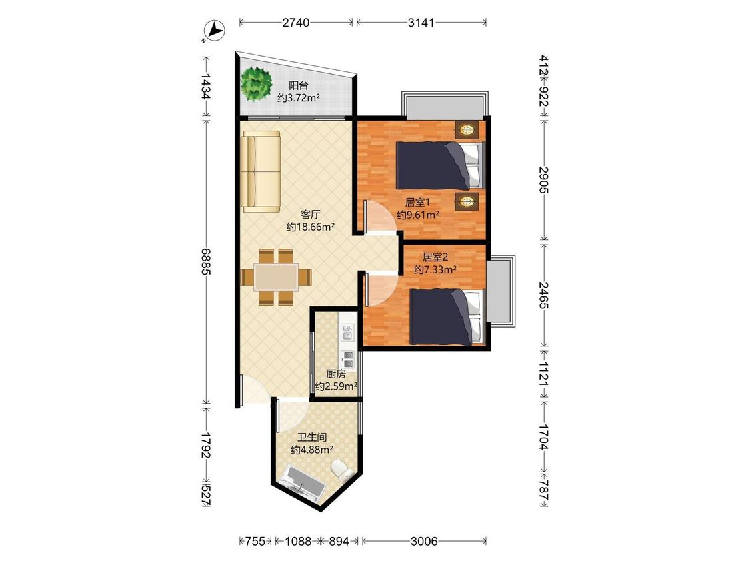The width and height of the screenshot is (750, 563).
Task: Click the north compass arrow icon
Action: (x=215, y=31)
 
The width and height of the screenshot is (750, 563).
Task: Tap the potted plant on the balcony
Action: (x=257, y=84)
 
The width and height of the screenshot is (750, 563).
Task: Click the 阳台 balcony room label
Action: (x=299, y=85)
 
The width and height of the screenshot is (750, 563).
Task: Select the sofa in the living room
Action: (x=261, y=171)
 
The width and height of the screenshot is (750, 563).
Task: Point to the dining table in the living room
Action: (x=276, y=277)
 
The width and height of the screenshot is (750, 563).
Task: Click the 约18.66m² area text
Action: (x=311, y=227)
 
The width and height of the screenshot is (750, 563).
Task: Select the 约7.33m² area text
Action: (x=435, y=270)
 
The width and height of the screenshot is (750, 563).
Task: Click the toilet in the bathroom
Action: (x=342, y=469)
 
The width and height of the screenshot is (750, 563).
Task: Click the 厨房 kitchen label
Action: (x=336, y=374)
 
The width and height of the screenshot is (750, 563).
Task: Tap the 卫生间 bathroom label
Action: (x=312, y=437)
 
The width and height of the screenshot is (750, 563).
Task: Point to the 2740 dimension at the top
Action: (x=295, y=23)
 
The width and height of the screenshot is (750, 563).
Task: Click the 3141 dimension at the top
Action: (x=421, y=23)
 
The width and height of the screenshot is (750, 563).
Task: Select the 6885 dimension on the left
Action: (x=206, y=261)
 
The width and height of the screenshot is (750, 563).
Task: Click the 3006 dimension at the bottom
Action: (x=424, y=541)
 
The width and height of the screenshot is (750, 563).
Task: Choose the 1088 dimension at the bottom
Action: (x=298, y=541)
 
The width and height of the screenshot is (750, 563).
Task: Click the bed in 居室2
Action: (x=445, y=316)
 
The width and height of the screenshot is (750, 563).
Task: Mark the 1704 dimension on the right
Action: (x=543, y=437)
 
